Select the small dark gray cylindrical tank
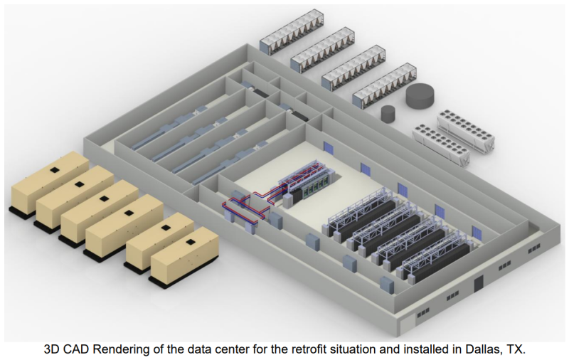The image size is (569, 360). click(388, 113)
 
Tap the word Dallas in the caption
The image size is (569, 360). click(479, 349)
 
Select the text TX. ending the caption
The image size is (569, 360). click(516, 349)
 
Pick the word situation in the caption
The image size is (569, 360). click(353, 349)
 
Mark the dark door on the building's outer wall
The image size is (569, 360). click(479, 283)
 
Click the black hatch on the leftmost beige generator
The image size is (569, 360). click(55, 169)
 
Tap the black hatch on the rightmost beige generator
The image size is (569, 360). click(190, 242)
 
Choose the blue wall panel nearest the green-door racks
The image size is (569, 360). click(328, 147)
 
